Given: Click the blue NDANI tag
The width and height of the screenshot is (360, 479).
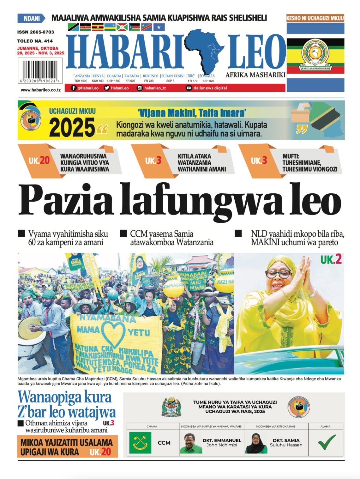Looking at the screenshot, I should click(31, 18).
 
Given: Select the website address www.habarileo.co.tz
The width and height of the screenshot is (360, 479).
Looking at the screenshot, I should click(40, 90).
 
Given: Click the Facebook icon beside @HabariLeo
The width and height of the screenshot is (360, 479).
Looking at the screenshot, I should click(73, 88).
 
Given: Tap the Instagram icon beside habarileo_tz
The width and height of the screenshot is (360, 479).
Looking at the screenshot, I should click(140, 88).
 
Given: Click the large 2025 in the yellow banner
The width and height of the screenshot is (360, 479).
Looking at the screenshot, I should click(72, 127).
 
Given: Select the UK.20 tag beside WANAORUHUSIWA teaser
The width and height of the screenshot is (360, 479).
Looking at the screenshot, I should click(39, 161).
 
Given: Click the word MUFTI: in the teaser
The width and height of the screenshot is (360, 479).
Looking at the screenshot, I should click(291, 156).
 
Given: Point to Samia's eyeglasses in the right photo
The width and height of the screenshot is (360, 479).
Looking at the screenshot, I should click(278, 274).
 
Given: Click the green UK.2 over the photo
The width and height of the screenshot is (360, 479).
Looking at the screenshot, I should click(331, 260).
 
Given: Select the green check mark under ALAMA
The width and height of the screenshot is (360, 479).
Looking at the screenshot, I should click(326, 442).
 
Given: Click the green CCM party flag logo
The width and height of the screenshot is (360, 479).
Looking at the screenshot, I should click(140, 443).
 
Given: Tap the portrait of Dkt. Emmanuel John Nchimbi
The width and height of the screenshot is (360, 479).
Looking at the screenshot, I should click(191, 443).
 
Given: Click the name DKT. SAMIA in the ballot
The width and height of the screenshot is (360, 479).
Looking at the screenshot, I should click(286, 440).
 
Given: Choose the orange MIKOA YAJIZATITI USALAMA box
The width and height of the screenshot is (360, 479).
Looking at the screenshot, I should click(67, 447).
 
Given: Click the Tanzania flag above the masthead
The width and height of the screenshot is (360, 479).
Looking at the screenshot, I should click(73, 27).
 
